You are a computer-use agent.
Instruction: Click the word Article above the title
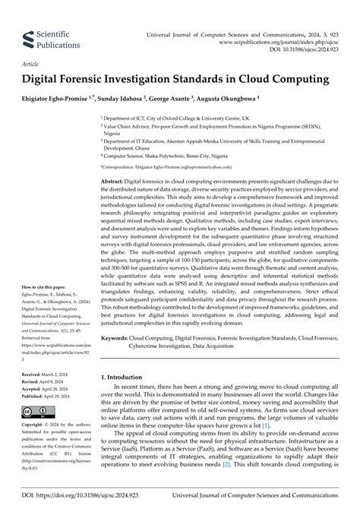click(x=31, y=65)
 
